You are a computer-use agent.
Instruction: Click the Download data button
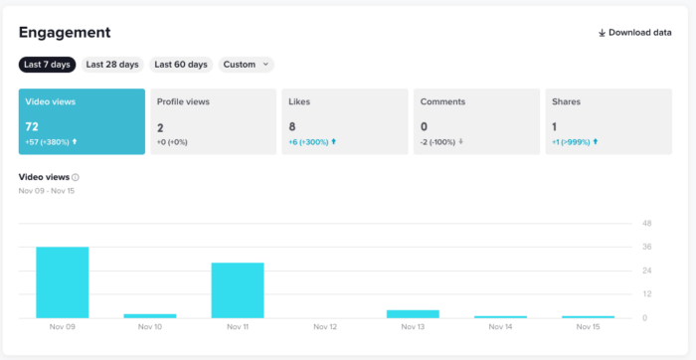[634, 33]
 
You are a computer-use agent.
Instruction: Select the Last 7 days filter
[47, 65]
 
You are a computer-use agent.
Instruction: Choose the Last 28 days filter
[112, 65]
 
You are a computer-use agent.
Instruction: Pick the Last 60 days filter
[181, 65]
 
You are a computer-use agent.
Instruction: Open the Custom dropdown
[246, 65]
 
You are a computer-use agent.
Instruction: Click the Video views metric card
[82, 121]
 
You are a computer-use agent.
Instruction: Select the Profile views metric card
[214, 121]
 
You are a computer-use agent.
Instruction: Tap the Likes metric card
[345, 121]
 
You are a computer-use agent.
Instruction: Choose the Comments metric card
[476, 121]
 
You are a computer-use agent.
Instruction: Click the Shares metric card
[609, 121]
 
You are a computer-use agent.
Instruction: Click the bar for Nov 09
[63, 282]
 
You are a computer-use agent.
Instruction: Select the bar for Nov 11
[238, 290]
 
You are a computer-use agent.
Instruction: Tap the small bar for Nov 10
[150, 315]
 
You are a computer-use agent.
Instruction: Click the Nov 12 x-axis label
[325, 327]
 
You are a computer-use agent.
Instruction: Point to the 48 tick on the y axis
[646, 223]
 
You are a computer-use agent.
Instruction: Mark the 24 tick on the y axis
[646, 270]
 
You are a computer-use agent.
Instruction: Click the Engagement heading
[65, 33]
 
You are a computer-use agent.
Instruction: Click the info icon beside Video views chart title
[76, 177]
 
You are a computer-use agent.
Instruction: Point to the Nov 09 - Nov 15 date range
[47, 190]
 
